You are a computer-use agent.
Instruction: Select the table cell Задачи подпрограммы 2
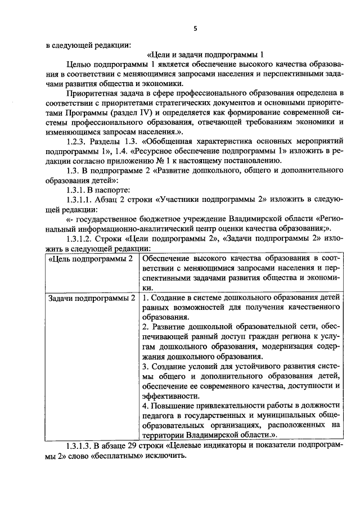coord(92,297)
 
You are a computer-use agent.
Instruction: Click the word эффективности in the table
coord(166,395)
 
